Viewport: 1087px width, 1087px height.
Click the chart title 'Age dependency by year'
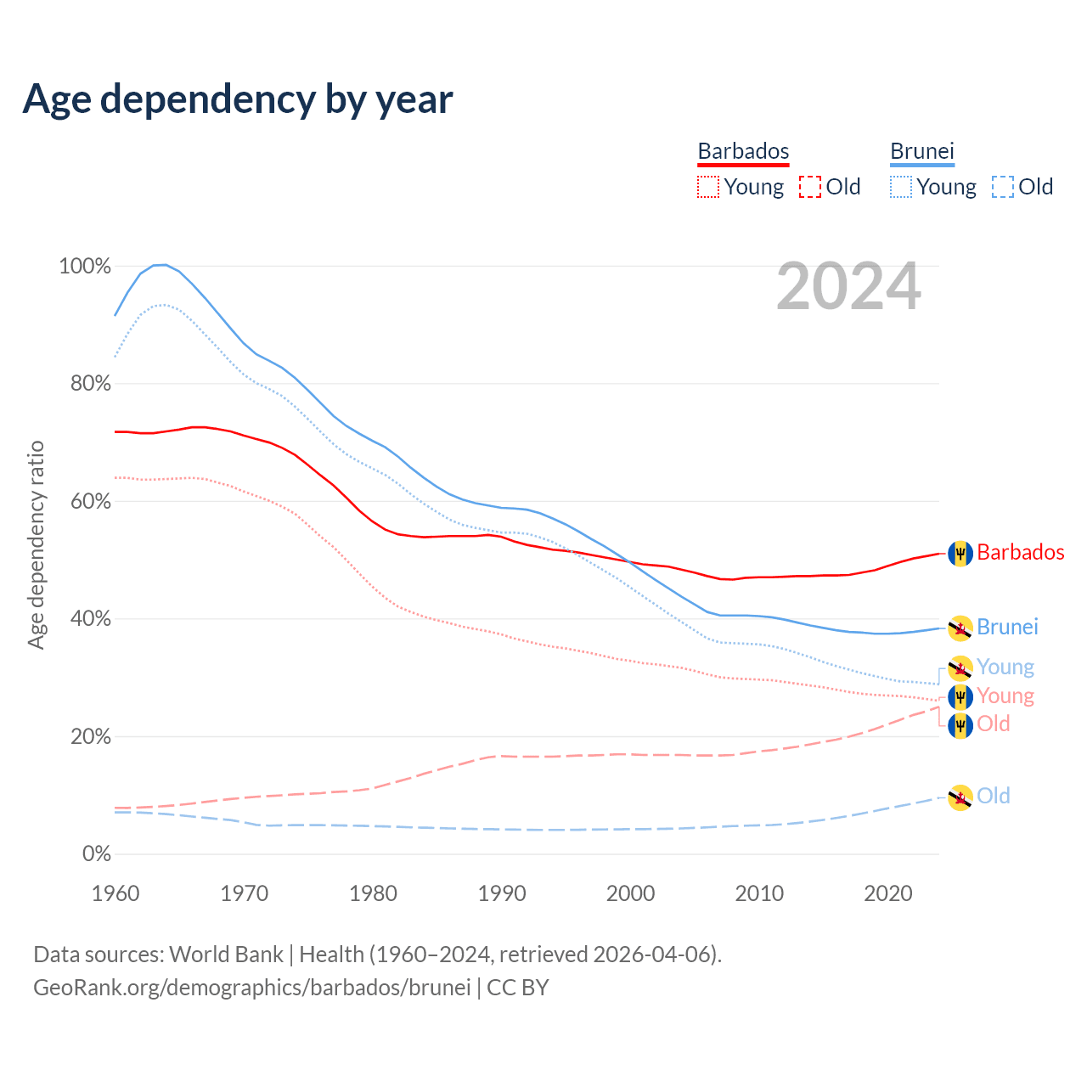pyautogui.click(x=238, y=99)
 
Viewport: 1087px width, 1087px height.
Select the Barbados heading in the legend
pyautogui.click(x=743, y=151)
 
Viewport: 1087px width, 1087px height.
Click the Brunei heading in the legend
pyautogui.click(x=922, y=151)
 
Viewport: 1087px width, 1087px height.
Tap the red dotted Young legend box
pyautogui.click(x=707, y=187)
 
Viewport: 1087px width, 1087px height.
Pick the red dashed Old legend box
pyautogui.click(x=810, y=187)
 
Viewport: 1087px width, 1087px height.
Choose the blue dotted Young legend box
pyautogui.click(x=901, y=187)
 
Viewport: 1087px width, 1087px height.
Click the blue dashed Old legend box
pyautogui.click(x=1003, y=187)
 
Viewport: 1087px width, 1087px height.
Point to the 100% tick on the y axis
pyautogui.click(x=85, y=267)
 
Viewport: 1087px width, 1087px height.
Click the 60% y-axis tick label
pyautogui.click(x=90, y=501)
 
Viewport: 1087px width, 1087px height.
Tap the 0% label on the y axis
pyautogui.click(x=96, y=854)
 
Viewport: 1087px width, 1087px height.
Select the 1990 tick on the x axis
pyautogui.click(x=502, y=893)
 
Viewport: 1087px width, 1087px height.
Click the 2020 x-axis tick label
pyautogui.click(x=887, y=893)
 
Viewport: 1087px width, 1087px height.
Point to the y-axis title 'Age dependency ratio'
pyautogui.click(x=36, y=544)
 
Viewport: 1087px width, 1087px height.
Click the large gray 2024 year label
pyautogui.click(x=848, y=287)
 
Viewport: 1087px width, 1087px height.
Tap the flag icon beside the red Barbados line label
pyautogui.click(x=960, y=554)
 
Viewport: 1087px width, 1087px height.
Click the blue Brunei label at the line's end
pyautogui.click(x=1007, y=628)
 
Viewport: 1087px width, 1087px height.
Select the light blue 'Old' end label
pyautogui.click(x=994, y=796)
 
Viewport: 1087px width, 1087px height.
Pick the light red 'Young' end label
pyautogui.click(x=1005, y=696)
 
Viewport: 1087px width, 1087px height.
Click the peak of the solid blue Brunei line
pyautogui.click(x=161, y=265)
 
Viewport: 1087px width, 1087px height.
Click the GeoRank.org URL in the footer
pyautogui.click(x=251, y=988)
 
